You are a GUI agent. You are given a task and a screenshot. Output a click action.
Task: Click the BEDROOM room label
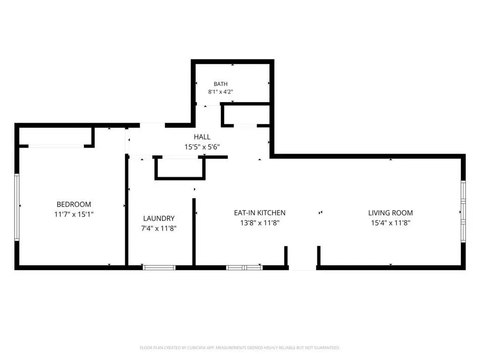click(x=74, y=204)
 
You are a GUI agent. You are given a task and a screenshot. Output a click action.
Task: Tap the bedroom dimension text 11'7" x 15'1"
click(x=74, y=214)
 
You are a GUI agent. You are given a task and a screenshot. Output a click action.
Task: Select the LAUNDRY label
click(x=158, y=218)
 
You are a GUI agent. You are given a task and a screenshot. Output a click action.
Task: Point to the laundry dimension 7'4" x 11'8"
click(x=158, y=228)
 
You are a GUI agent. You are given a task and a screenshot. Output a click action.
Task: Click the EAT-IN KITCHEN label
click(x=260, y=213)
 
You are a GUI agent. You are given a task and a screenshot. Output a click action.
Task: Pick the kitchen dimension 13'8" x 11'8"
click(x=260, y=223)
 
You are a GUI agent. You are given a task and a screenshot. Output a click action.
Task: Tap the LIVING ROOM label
click(x=390, y=213)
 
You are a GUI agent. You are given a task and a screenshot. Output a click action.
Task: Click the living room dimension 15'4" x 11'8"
click(x=390, y=223)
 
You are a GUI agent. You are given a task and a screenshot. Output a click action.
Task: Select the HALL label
click(x=202, y=137)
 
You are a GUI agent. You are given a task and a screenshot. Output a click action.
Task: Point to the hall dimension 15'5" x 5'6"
click(x=202, y=147)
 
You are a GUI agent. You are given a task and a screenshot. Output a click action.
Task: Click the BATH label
click(x=220, y=84)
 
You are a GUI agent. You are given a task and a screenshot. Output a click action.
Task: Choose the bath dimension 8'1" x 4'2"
click(x=220, y=92)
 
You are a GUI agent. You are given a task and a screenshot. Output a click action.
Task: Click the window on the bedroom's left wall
click(x=17, y=207)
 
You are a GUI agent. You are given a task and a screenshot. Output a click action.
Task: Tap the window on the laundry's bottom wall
click(x=159, y=268)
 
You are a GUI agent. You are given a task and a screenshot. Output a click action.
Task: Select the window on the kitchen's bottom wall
click(x=244, y=268)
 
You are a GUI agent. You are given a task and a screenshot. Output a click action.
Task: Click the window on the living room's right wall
click(x=464, y=212)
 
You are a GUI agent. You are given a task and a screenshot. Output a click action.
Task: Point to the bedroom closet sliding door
click(x=56, y=146)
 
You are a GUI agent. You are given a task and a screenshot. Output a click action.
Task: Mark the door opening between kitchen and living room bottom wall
click(x=302, y=268)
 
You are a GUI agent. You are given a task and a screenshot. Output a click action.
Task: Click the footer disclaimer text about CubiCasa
click(x=240, y=348)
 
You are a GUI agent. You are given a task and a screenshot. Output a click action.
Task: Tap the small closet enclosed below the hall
click(x=180, y=167)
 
